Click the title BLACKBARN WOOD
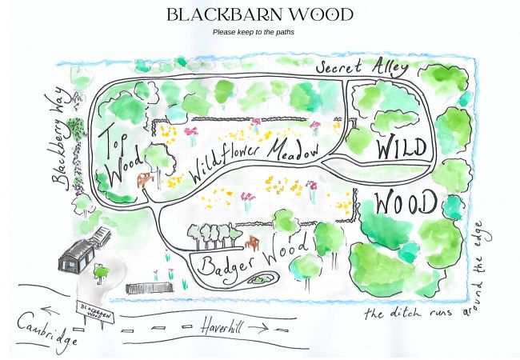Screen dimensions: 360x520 click(x=259, y=14)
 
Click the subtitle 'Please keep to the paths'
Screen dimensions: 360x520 click(x=254, y=33)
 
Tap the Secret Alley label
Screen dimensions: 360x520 click(x=362, y=69)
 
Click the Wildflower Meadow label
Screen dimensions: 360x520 click(x=254, y=158)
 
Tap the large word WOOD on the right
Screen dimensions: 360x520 click(x=405, y=202)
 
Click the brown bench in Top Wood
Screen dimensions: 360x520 click(x=145, y=180)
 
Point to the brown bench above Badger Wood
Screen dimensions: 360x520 click(x=253, y=242)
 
